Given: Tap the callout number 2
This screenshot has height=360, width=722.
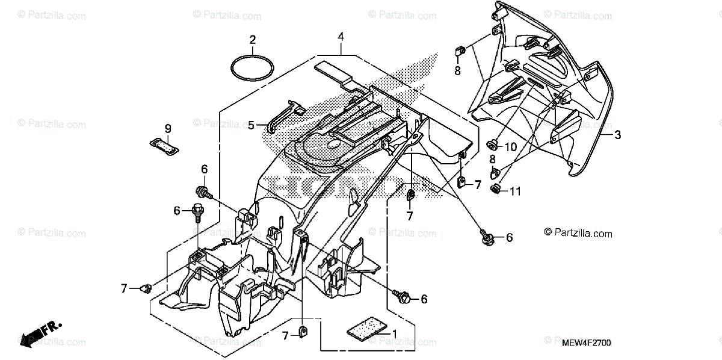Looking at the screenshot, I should point(253,40).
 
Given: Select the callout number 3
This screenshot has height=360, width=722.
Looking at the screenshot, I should point(617,135).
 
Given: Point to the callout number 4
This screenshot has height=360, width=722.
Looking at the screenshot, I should point(341,37).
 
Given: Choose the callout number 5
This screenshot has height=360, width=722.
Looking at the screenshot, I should point(251,126).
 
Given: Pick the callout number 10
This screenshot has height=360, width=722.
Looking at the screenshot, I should point(511,147).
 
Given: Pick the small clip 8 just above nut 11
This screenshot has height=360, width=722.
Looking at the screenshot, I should point(495,173).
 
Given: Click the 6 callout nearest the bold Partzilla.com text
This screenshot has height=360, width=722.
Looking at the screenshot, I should point(509,238).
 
